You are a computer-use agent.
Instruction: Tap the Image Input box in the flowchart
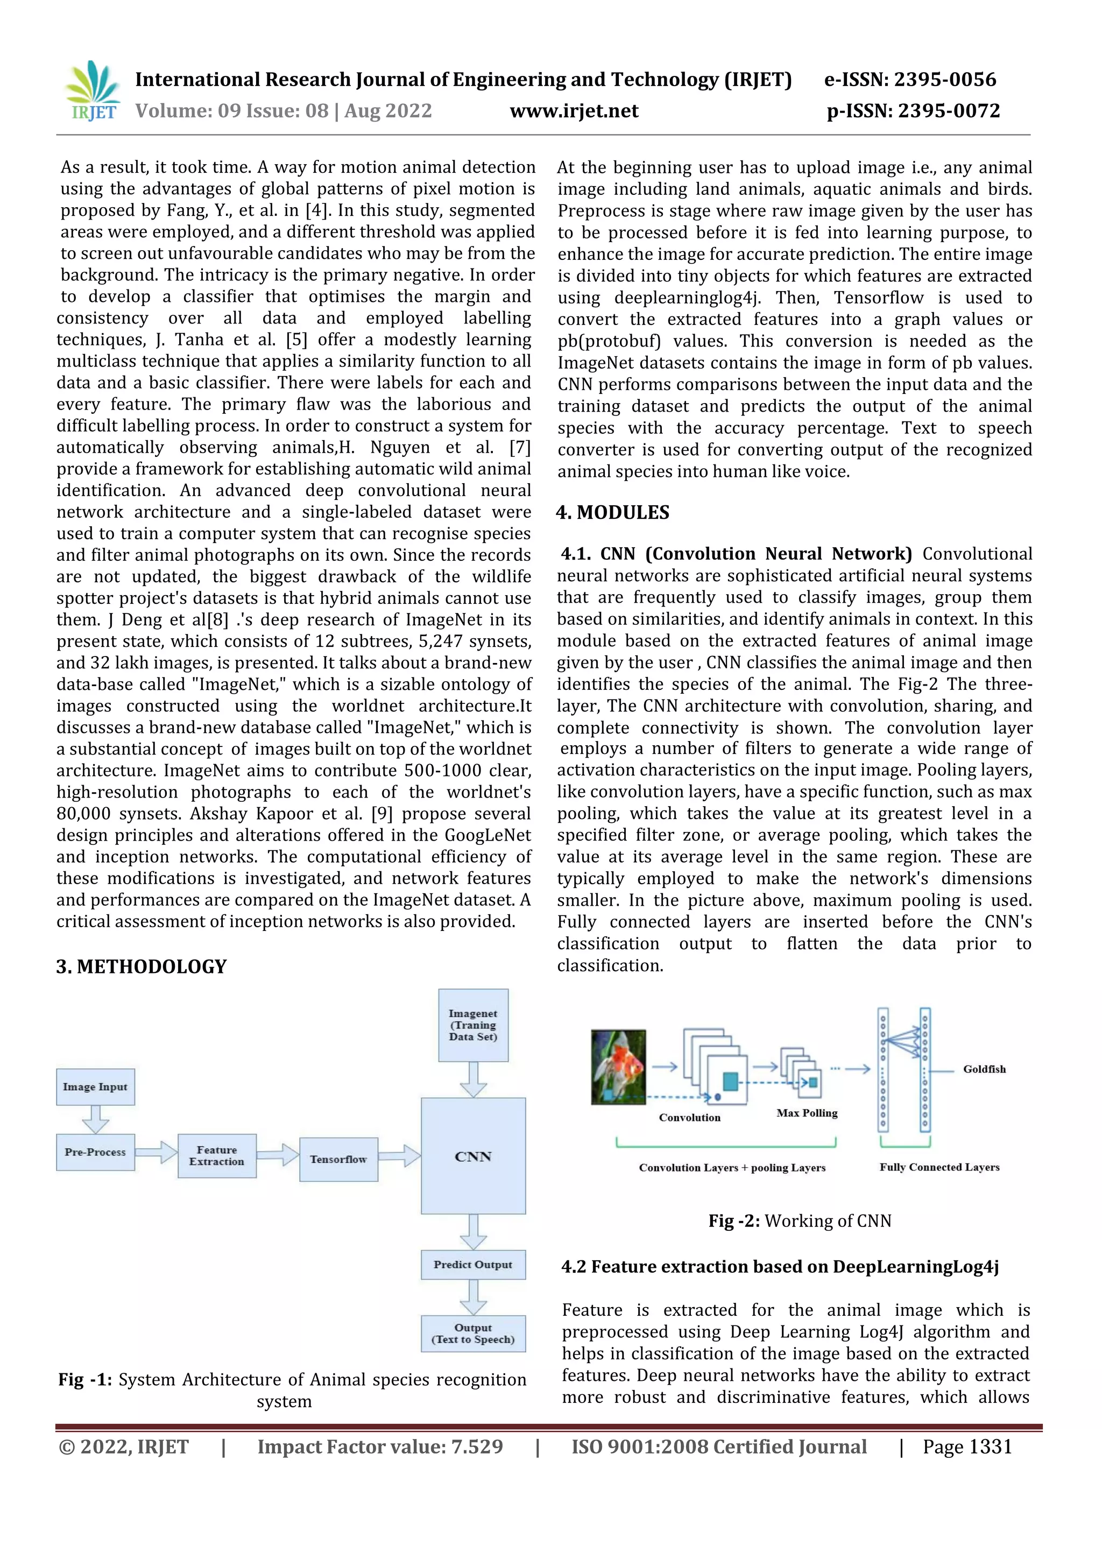pos(95,1087)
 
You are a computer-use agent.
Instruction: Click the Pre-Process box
pos(95,1152)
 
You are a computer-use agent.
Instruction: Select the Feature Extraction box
pos(217,1156)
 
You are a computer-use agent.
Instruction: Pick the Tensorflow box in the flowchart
pos(338,1159)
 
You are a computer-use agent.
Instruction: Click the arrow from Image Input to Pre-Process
pos(95,1119)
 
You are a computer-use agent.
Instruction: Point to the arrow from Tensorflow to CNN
pos(399,1156)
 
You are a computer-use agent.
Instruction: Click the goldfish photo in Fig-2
pos(618,1067)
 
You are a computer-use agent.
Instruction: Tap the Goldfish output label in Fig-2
pos(984,1069)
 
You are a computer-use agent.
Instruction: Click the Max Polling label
pos(807,1113)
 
